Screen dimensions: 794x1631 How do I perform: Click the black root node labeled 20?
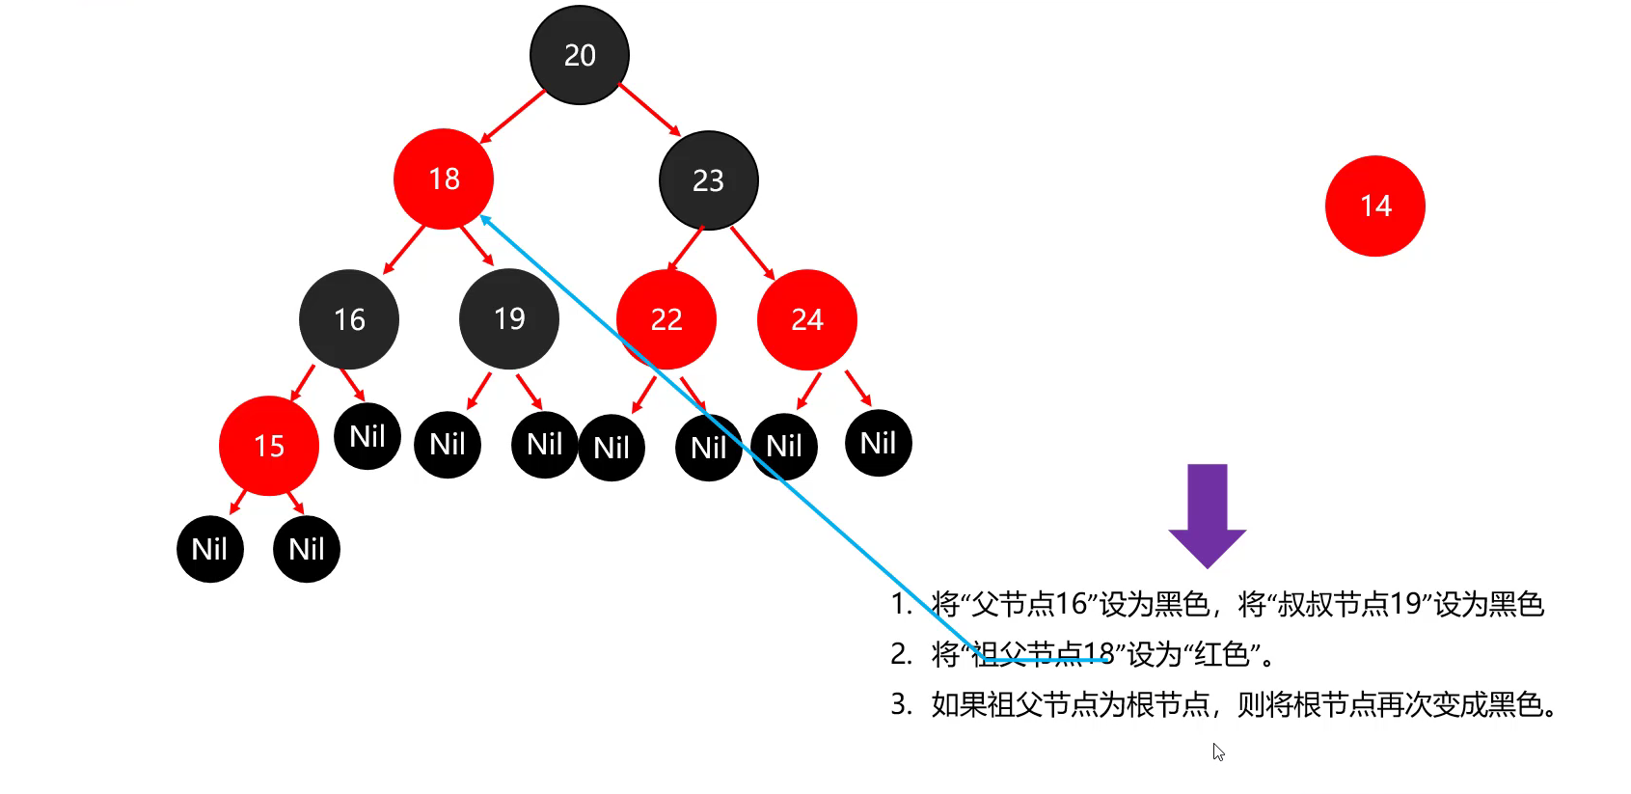click(x=580, y=55)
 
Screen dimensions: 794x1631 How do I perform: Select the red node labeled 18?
click(x=444, y=178)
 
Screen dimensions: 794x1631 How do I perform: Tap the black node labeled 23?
click(x=709, y=180)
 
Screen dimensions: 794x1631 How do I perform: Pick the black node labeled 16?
click(x=349, y=319)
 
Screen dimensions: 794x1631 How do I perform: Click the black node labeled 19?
click(x=509, y=318)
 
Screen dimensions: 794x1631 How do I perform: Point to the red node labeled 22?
click(x=666, y=319)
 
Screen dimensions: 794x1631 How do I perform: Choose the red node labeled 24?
click(x=807, y=319)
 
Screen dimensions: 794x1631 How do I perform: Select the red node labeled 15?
click(x=269, y=446)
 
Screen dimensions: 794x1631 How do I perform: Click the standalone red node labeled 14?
click(x=1375, y=205)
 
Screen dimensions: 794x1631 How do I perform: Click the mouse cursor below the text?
click(x=1218, y=752)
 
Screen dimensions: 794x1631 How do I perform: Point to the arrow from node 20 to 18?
click(x=513, y=117)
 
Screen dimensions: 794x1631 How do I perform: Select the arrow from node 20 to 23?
click(x=649, y=109)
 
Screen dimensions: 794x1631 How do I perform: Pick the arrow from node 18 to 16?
click(x=404, y=250)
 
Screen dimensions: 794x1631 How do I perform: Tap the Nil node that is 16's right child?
click(x=367, y=436)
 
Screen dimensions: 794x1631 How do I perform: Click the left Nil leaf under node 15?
click(x=210, y=549)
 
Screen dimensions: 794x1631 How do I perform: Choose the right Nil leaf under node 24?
click(x=879, y=443)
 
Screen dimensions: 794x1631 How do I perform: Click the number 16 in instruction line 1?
click(x=1072, y=604)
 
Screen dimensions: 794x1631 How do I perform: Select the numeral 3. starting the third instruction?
click(x=901, y=704)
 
